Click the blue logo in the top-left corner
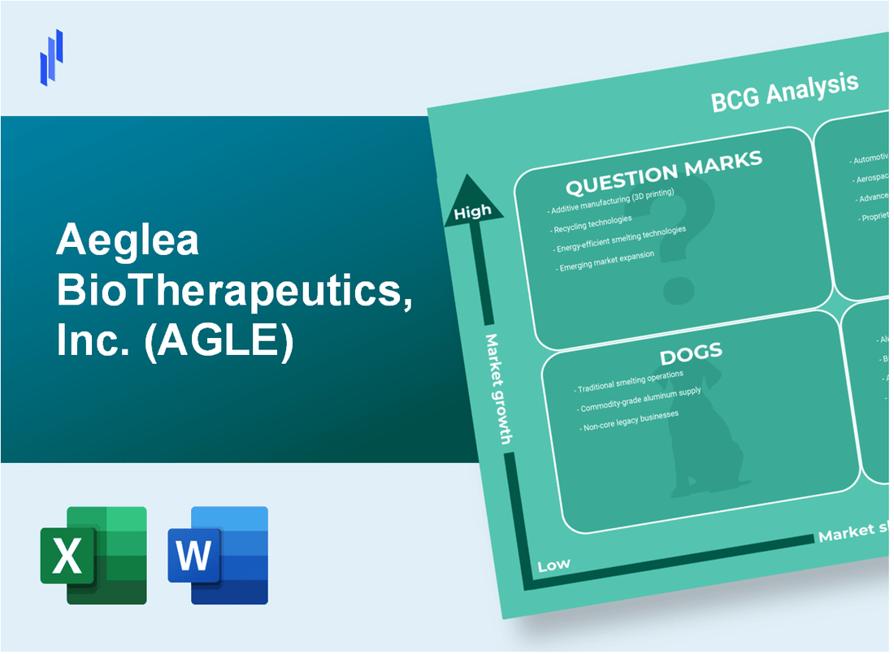(x=51, y=57)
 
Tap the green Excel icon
(x=93, y=555)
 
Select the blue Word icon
(x=218, y=555)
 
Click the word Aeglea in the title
(x=128, y=241)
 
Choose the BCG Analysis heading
(x=784, y=92)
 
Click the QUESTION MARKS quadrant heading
(x=663, y=172)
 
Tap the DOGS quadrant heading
(x=692, y=353)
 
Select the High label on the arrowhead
(x=472, y=212)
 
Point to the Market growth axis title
(x=497, y=388)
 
